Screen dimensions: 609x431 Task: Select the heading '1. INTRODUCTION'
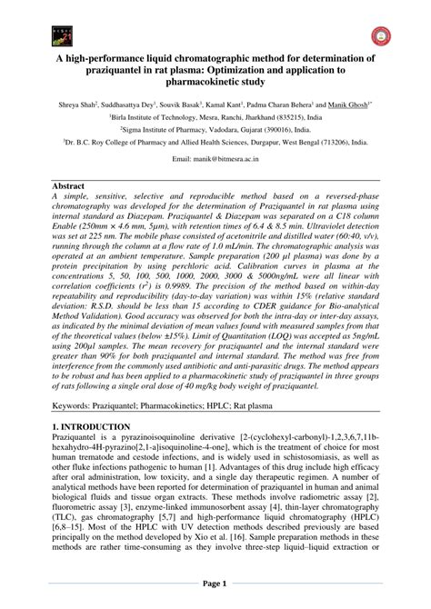click(92, 425)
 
